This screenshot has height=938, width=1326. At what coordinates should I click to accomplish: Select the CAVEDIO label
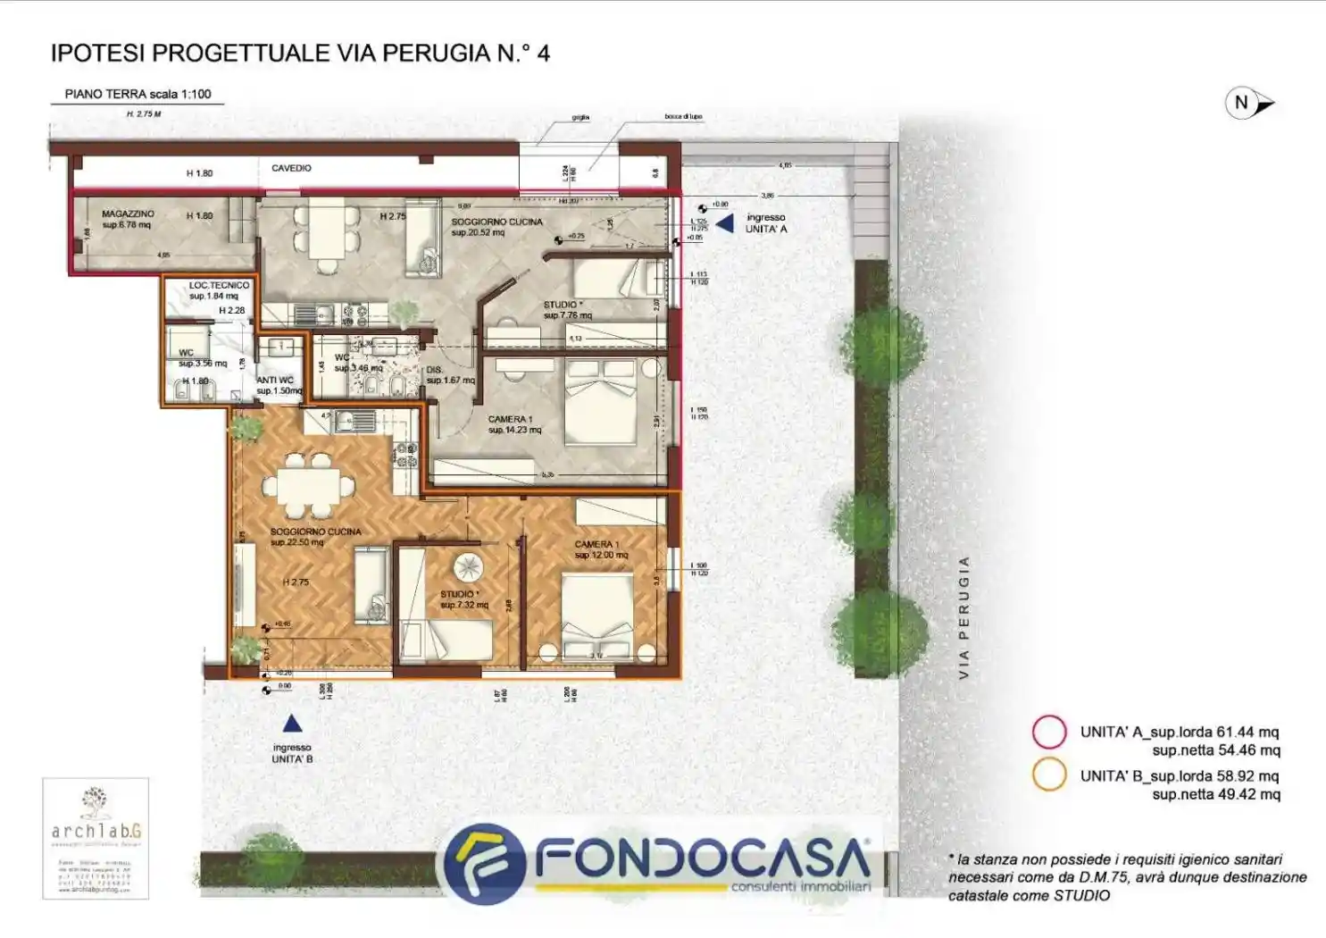[291, 168]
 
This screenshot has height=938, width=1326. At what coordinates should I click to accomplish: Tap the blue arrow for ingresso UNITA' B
[292, 724]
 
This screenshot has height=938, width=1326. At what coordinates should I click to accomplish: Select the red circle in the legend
[1049, 732]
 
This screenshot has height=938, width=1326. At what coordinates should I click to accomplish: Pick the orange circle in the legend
[1049, 775]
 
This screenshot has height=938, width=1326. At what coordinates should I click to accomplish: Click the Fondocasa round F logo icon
[484, 863]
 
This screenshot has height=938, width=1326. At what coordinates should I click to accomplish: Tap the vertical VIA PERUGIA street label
[963, 617]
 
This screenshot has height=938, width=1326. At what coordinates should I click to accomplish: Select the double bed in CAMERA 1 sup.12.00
[596, 617]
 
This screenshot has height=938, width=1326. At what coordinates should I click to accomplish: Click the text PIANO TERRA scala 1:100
[138, 94]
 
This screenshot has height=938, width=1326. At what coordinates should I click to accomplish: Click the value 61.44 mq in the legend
[1247, 732]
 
